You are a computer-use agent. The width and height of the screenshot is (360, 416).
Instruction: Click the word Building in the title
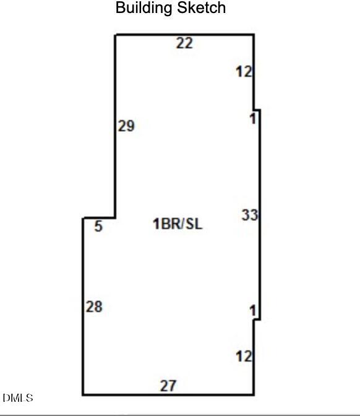tap(144, 8)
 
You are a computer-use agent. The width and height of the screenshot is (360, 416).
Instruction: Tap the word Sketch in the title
tap(202, 7)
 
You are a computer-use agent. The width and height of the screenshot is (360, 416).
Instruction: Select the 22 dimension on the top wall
tap(184, 43)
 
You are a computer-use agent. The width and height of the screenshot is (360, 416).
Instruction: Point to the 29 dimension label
tap(126, 126)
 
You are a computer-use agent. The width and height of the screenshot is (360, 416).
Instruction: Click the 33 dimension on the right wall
tap(249, 215)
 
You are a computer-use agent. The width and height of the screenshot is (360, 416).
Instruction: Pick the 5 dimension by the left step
tap(98, 227)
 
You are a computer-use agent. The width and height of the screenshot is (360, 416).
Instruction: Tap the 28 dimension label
tap(94, 306)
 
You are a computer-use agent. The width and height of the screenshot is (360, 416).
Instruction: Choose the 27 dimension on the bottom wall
tap(168, 386)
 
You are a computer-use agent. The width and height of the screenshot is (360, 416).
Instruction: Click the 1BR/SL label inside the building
tap(178, 223)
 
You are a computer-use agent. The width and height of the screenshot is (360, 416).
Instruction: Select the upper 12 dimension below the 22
tap(244, 72)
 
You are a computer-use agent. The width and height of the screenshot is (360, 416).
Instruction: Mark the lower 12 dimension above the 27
tap(244, 356)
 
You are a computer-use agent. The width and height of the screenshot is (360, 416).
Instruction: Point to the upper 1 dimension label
tap(253, 118)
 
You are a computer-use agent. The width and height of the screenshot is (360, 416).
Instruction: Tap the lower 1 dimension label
tap(253, 311)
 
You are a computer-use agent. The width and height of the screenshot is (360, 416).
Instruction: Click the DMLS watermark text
tap(18, 398)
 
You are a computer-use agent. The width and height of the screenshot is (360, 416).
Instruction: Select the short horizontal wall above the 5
tap(100, 218)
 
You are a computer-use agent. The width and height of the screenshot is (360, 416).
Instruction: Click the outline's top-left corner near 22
tap(116, 35)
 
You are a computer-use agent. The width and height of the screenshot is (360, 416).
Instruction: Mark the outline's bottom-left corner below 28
tap(83, 395)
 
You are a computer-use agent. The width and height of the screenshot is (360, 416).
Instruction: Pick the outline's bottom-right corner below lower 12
tap(254, 395)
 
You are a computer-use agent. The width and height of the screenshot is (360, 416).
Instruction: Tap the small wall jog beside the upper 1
tap(257, 110)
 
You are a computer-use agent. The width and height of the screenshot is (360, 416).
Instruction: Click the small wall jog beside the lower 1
tap(257, 319)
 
